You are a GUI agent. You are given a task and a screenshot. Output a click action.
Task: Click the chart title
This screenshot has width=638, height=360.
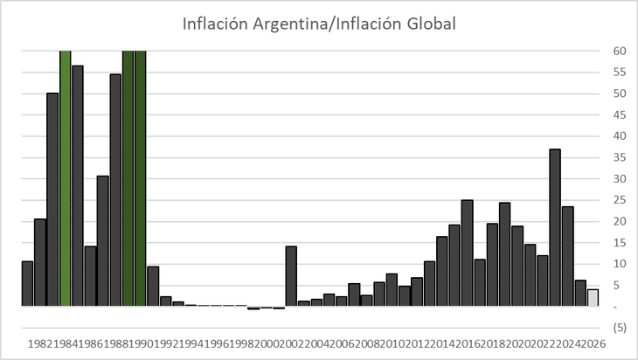pyautogui.click(x=319, y=24)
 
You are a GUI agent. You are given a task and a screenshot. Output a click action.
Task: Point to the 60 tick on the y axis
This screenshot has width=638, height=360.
pyautogui.click(x=618, y=52)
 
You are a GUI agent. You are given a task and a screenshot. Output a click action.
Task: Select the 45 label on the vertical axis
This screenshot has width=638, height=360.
pyautogui.click(x=618, y=115)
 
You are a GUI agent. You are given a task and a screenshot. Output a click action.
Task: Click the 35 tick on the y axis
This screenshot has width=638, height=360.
pyautogui.click(x=618, y=157)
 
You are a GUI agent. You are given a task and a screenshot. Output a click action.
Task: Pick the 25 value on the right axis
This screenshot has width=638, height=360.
pyautogui.click(x=618, y=200)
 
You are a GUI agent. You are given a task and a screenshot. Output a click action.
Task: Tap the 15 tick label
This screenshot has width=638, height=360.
pyautogui.click(x=618, y=243)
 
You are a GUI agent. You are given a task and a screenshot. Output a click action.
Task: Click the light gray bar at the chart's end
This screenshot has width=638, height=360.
pyautogui.click(x=593, y=297)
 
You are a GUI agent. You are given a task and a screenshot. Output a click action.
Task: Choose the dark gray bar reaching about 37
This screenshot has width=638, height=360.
pyautogui.click(x=555, y=227)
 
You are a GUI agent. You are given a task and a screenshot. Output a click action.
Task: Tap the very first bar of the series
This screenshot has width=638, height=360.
pyautogui.click(x=27, y=283)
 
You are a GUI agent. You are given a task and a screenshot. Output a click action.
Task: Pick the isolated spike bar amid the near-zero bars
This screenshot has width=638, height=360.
pyautogui.click(x=291, y=276)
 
